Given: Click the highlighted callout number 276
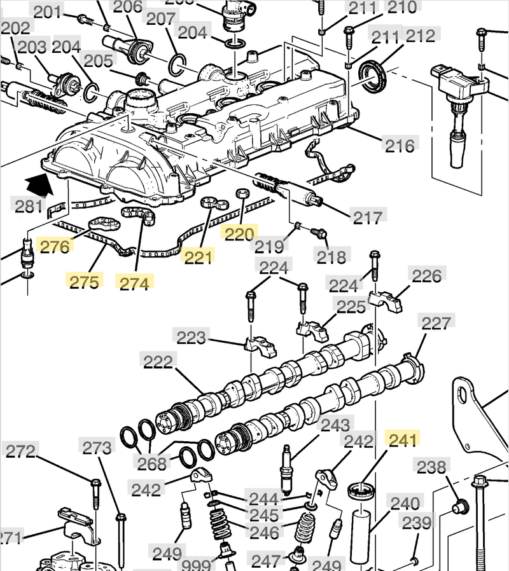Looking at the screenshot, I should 54,245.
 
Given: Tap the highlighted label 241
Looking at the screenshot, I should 402,439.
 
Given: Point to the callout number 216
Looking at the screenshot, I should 400,146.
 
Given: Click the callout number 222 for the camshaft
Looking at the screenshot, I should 158,362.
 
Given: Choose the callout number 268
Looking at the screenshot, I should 153,464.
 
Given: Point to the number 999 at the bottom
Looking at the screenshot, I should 197,565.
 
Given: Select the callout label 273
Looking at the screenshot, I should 97,448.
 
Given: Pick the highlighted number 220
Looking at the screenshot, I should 239,235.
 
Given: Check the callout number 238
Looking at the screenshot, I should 431,467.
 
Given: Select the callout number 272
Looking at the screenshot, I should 21,451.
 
